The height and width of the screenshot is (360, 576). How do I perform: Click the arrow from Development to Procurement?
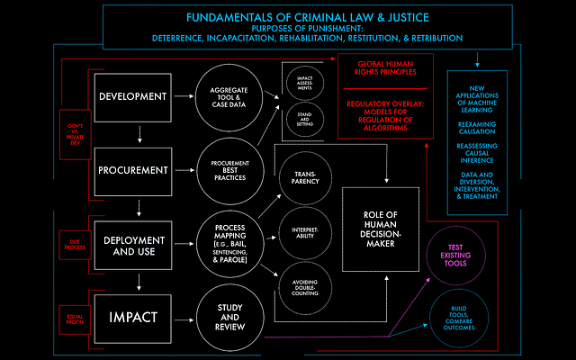point(138,135)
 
